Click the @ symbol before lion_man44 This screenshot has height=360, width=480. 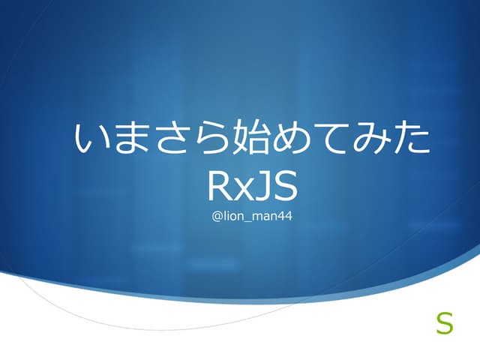tap(218, 217)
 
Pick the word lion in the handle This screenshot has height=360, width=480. tap(234, 217)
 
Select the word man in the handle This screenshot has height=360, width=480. tap(264, 217)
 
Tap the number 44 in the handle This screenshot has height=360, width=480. tap(283, 217)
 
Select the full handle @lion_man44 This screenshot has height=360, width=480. tap(253, 217)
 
